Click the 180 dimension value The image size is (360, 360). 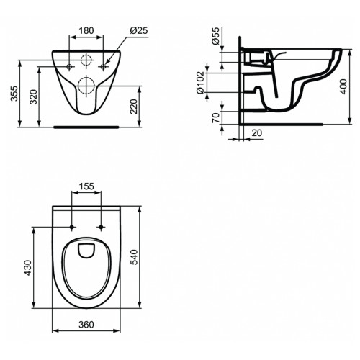point(86,31)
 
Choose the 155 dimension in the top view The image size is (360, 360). point(86,186)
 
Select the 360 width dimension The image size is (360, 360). point(86,325)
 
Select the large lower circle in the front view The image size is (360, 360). point(86,84)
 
